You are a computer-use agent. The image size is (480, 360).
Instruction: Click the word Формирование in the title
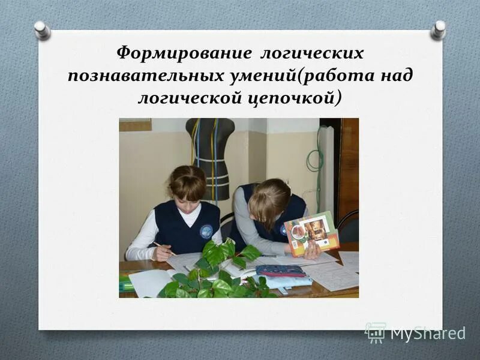(184, 53)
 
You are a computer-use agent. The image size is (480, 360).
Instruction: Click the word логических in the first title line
(311, 53)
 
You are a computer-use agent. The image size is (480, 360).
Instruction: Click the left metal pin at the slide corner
(41, 29)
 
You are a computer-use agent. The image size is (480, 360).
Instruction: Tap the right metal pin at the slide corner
(439, 29)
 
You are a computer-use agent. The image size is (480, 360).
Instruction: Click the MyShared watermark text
(428, 333)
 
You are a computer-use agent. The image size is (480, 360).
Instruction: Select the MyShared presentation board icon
(375, 332)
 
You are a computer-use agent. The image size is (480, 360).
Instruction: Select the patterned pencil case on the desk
(280, 271)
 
